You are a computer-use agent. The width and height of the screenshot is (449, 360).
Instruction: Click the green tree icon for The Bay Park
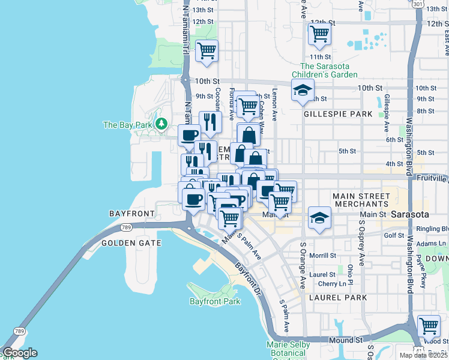[161, 124]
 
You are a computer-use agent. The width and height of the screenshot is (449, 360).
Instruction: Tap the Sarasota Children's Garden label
[329, 71]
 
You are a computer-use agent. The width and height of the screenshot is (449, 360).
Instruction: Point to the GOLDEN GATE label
[131, 243]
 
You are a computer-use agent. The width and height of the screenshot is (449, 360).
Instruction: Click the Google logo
[20, 353]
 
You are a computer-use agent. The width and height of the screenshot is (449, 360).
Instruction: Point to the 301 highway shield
[417, 4]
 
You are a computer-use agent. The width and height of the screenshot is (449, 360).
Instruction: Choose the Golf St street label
[394, 235]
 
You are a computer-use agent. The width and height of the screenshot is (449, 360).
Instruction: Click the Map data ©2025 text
[423, 355]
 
